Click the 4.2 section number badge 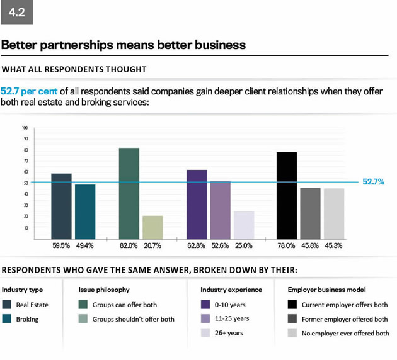(x=17, y=12)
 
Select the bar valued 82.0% (x=129, y=193)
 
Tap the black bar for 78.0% (x=287, y=195)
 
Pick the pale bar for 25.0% (x=244, y=225)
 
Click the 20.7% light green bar (x=152, y=227)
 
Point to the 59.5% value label (x=61, y=245)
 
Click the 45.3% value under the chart (x=334, y=245)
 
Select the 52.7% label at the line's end (x=374, y=182)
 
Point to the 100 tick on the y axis (x=25, y=127)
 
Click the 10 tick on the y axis (x=25, y=228)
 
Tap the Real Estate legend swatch (x=7, y=305)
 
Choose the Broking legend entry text (x=27, y=319)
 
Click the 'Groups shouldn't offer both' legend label (x=133, y=319)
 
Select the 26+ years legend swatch (x=205, y=333)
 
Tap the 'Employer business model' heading (x=326, y=290)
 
